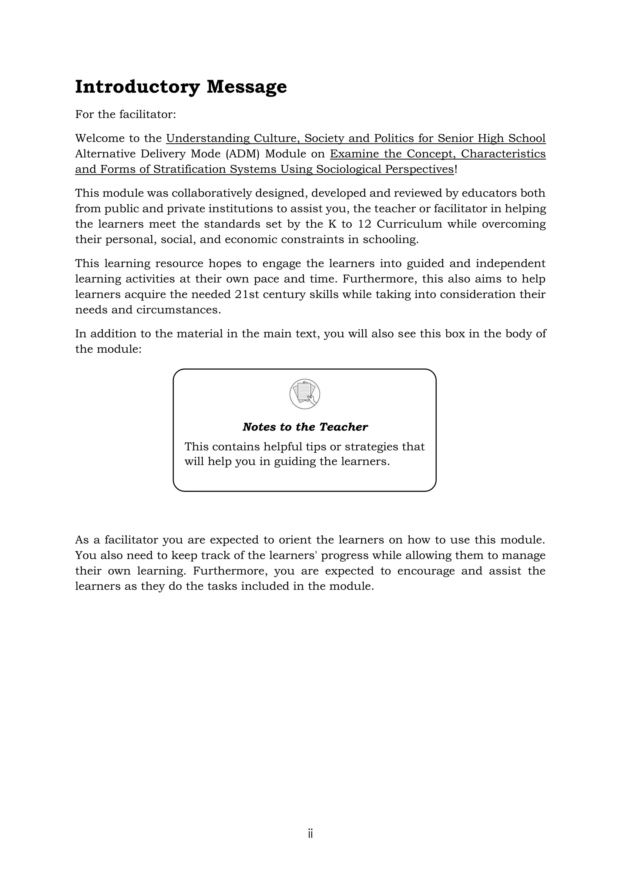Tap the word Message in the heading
(x=247, y=87)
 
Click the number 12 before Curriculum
(x=364, y=224)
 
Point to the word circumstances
(x=179, y=310)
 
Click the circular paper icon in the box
(x=305, y=394)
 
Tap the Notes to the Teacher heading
(x=305, y=427)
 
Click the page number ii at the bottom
(x=310, y=834)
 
